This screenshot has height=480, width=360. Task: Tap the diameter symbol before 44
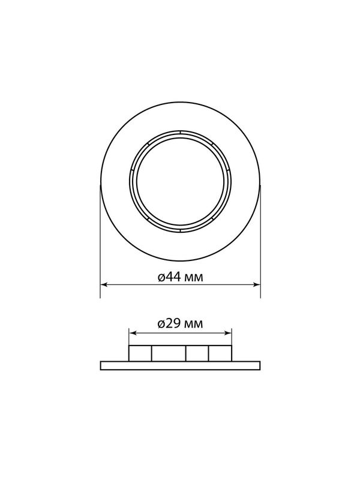(162, 278)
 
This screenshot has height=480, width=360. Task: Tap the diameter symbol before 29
(162, 325)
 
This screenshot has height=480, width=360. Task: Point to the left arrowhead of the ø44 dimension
(103, 284)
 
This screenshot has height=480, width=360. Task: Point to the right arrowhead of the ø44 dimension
(257, 284)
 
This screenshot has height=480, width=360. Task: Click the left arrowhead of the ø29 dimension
(132, 333)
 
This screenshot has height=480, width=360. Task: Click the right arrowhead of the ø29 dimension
(229, 333)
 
